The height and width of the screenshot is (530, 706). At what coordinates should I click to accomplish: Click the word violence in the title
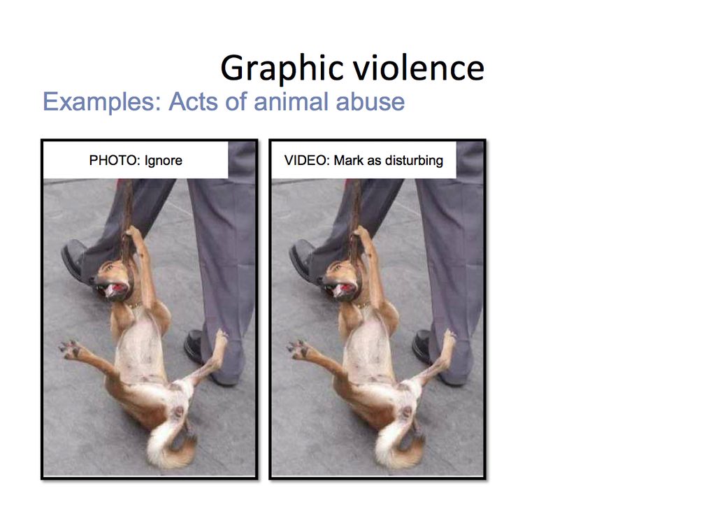(419, 68)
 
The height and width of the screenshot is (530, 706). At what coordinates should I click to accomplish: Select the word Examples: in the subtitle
(102, 102)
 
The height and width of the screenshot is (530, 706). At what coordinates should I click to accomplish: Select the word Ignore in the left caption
(164, 161)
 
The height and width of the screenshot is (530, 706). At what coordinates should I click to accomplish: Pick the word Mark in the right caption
(349, 160)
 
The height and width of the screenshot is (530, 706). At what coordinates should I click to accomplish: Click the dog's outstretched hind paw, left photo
(69, 349)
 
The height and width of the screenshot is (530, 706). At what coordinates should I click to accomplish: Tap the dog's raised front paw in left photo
(134, 234)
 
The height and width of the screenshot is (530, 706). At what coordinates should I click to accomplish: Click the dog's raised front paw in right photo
(361, 234)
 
